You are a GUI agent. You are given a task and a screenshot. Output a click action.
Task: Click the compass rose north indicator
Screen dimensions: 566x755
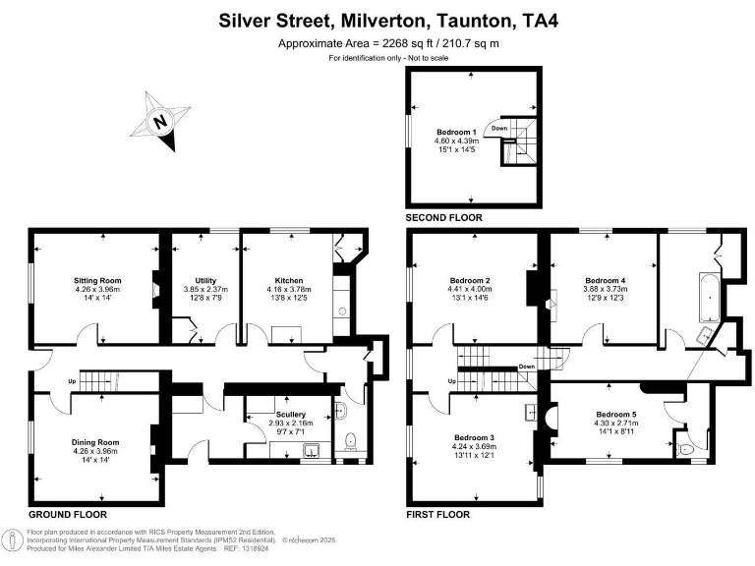158,122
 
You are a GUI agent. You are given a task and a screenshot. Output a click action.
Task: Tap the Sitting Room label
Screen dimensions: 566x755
96,280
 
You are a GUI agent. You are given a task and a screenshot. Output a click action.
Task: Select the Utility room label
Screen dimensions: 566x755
205,280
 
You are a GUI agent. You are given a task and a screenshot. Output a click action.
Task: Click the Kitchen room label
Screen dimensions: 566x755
289,280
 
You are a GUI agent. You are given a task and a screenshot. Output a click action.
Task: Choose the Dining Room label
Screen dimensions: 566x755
95,442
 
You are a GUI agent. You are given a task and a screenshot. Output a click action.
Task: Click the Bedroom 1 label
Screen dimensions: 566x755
456,132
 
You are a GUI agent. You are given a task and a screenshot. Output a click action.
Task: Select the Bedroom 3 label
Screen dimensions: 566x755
474,437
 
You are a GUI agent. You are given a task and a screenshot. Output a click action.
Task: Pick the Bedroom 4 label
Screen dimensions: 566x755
605,280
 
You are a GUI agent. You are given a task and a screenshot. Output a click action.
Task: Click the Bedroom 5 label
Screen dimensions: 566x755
616,415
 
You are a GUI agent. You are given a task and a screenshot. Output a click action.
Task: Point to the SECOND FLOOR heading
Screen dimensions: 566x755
443,217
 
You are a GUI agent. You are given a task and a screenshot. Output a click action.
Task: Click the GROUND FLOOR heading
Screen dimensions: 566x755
68,514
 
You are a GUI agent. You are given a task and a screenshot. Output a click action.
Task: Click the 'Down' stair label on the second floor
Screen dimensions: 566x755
499,129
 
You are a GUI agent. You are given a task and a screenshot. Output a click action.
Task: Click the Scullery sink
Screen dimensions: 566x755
313,451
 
